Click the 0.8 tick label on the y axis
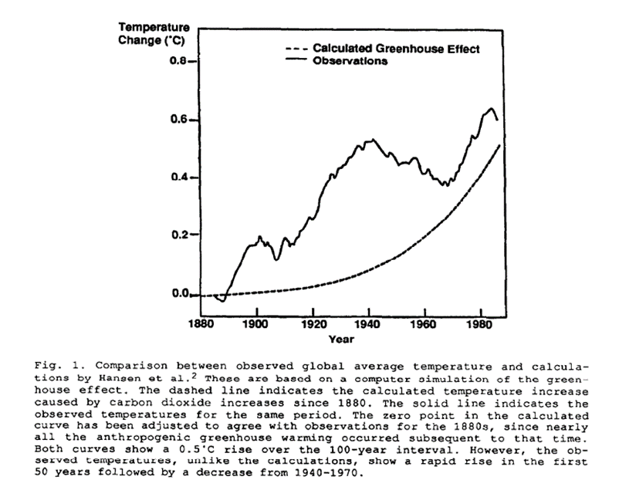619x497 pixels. pyautogui.click(x=180, y=60)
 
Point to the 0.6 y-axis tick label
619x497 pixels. pyautogui.click(x=180, y=120)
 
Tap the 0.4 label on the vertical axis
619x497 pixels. pyautogui.click(x=180, y=177)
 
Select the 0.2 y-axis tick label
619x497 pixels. pyautogui.click(x=180, y=235)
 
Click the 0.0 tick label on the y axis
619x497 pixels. pyautogui.click(x=180, y=294)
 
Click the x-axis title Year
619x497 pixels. pyautogui.click(x=341, y=338)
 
